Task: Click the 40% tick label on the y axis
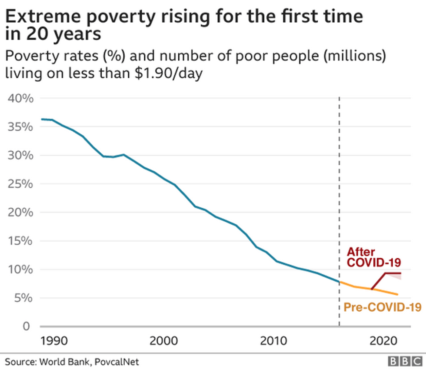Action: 21,98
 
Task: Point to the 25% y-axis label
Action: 21,184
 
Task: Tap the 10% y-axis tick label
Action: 21,270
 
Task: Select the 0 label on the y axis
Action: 27,326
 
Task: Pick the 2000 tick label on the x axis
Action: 164,340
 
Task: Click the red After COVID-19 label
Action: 373,257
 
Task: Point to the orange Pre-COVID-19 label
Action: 382,307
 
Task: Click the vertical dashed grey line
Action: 339,196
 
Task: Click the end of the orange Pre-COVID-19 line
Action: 397,295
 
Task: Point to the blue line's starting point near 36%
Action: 42,119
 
